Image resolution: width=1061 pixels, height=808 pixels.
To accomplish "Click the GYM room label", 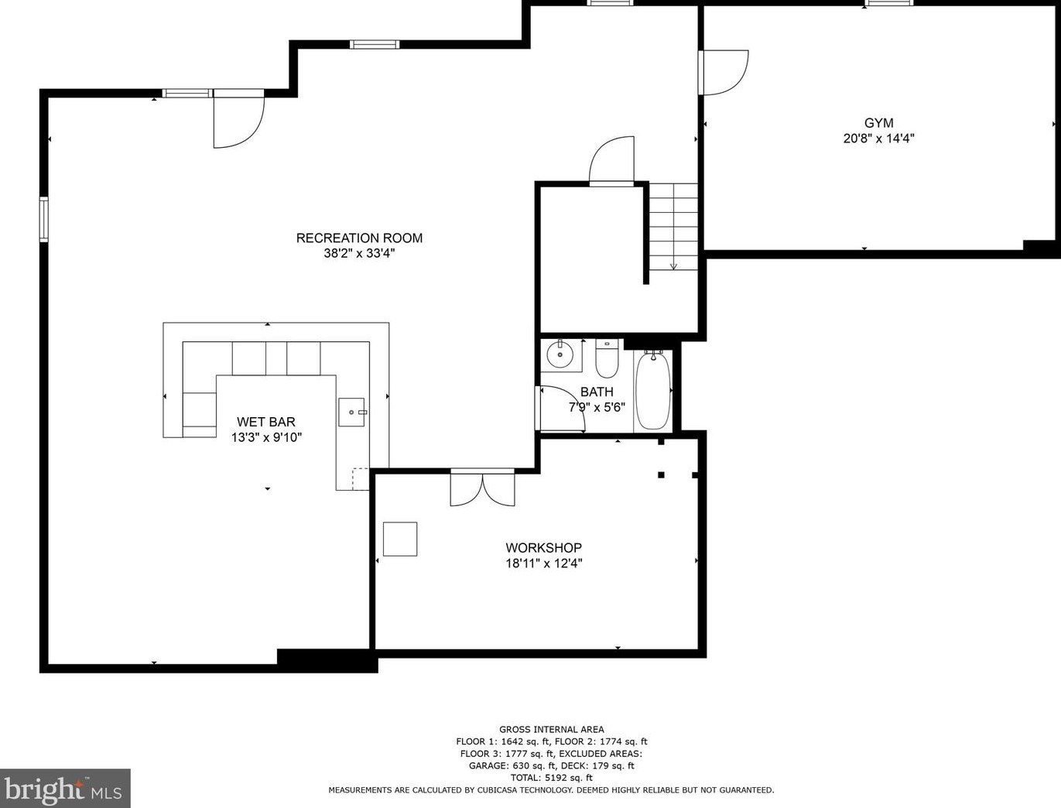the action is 879,123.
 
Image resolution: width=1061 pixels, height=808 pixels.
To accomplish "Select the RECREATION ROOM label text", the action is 359,238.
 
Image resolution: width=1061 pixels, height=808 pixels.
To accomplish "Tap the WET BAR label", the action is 266,422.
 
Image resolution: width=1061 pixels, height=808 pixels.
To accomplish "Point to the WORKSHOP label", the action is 544,547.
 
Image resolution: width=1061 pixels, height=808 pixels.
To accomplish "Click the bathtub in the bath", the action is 653,391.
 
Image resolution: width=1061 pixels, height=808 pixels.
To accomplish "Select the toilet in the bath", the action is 607,358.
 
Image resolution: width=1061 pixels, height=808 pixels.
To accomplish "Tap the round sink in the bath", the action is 560,354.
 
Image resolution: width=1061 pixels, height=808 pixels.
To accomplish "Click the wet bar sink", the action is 351,413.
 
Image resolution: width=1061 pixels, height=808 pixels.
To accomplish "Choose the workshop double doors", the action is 482,488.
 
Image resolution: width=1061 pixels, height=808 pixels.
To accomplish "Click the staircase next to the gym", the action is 673,227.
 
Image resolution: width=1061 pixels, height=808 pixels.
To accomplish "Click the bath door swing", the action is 562,408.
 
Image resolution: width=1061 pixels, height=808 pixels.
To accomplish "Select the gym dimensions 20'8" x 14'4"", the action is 879,139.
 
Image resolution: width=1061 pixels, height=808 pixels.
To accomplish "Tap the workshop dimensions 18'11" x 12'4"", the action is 544,563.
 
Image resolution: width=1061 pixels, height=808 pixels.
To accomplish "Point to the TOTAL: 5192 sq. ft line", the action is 552,778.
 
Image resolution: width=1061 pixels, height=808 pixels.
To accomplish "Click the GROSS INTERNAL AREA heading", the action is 552,730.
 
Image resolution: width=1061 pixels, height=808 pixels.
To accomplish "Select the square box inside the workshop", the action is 400,539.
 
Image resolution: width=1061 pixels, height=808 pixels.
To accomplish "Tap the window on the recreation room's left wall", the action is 44,219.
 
